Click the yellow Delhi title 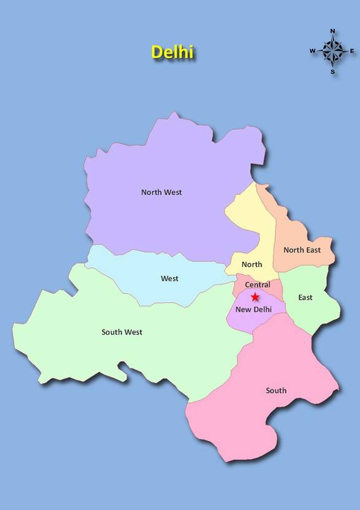[x=172, y=52]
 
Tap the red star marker [x=255, y=297]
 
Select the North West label [x=161, y=192]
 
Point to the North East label [x=302, y=250]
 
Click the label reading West [x=170, y=278]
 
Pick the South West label [x=122, y=332]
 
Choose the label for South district [x=276, y=390]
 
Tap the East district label [x=305, y=297]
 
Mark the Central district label [x=257, y=285]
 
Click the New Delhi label [x=253, y=310]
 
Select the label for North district [x=251, y=264]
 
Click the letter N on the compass [x=333, y=30]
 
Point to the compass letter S [x=333, y=72]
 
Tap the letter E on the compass [x=353, y=51]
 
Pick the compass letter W [x=312, y=51]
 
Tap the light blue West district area [x=135, y=270]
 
